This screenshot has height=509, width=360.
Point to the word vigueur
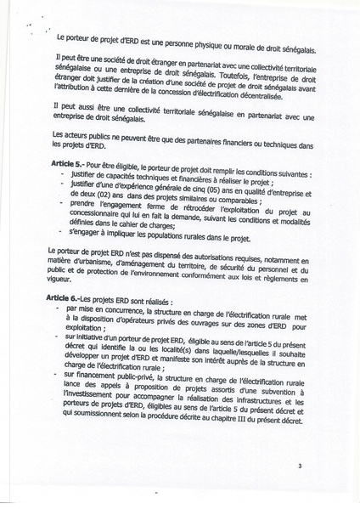63,281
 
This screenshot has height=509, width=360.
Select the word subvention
274,385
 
